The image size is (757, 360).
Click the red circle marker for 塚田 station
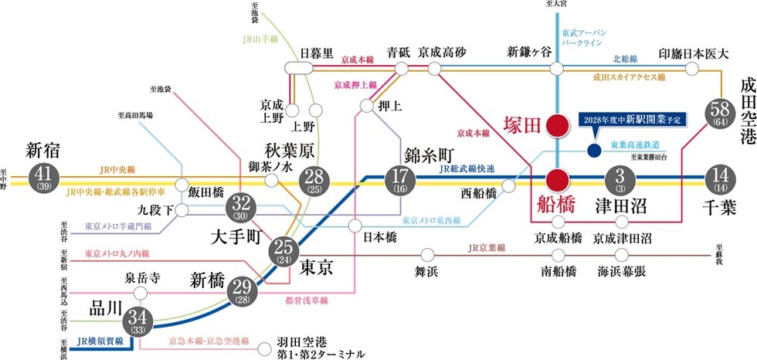point(556,126)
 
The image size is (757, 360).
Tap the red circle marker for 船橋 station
point(556,179)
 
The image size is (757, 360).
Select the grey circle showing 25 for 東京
point(285,250)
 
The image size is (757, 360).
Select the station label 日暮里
point(317,53)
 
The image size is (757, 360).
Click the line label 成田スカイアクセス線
point(630,78)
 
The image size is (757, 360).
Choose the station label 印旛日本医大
point(694,54)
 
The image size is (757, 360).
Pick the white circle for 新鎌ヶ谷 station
point(556,69)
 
